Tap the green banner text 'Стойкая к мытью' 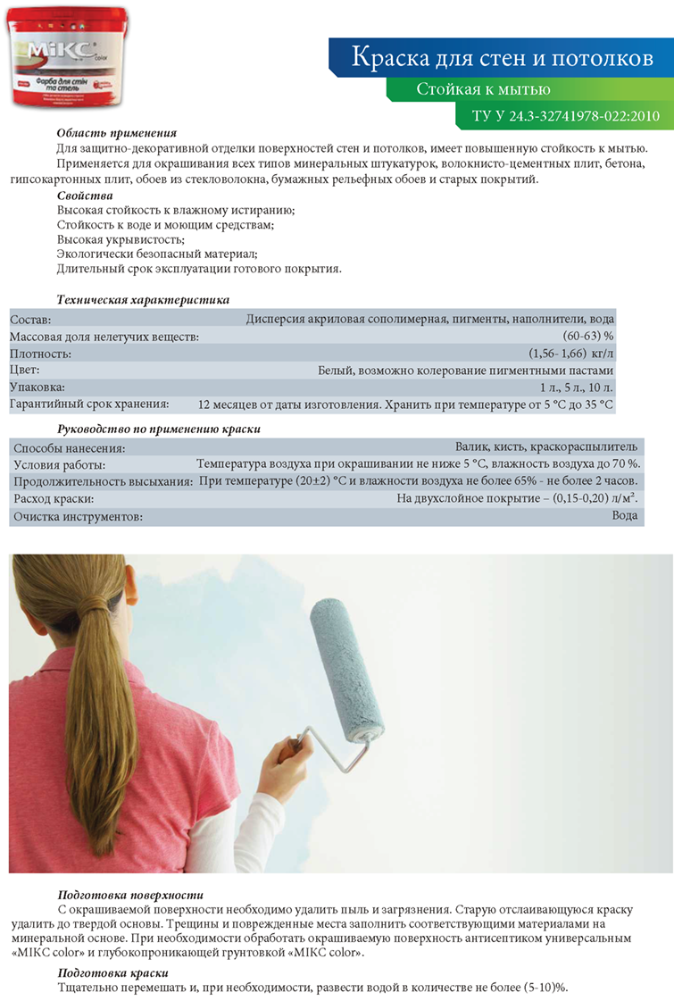pos(483,89)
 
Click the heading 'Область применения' pos(117,132)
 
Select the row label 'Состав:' pos(31,319)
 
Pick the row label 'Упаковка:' pos(37,388)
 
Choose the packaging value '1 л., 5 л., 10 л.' pos(577,388)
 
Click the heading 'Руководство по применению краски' pos(158,429)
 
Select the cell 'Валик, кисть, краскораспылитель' pos(546,446)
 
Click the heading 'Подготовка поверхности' pos(130,894)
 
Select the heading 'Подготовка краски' pos(112,972)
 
